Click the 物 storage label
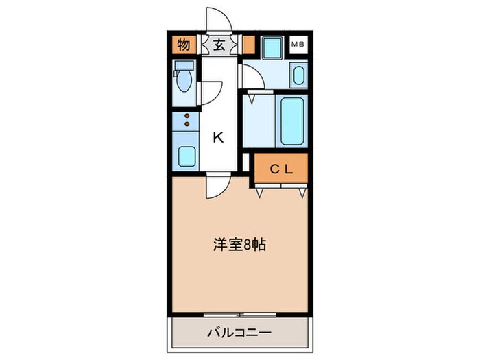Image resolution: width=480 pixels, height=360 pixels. (183, 46)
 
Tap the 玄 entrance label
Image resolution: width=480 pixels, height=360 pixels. (219, 46)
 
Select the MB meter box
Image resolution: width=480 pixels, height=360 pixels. (298, 45)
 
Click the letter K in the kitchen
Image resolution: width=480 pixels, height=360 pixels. (218, 137)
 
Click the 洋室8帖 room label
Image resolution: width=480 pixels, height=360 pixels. (239, 243)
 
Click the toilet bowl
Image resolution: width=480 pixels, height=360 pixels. (183, 82)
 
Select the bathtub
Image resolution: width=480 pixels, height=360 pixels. (291, 119)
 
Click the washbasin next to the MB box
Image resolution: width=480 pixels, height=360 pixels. (298, 75)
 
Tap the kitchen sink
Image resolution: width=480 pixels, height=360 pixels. (186, 156)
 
